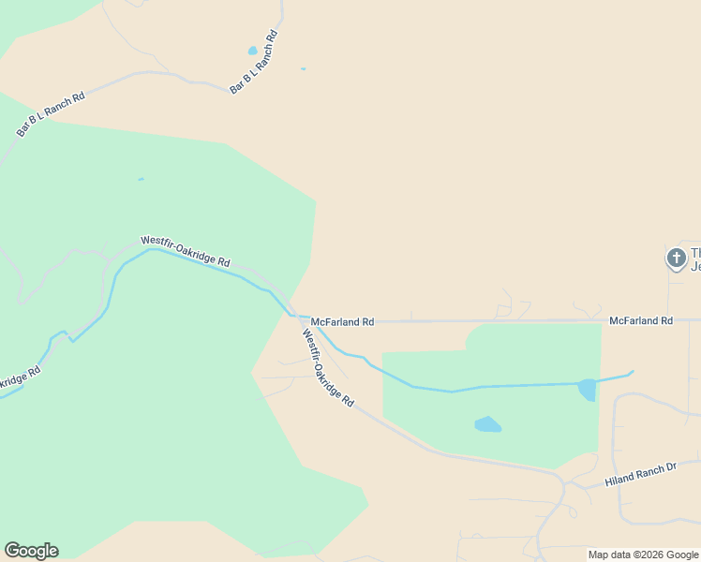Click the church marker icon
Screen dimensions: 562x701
(676, 258)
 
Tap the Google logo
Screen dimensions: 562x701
(31, 551)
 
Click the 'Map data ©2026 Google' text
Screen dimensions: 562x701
(644, 555)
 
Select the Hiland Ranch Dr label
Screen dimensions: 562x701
(640, 474)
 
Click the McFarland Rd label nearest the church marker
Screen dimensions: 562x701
(641, 320)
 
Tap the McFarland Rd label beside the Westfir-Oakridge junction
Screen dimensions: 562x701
(342, 321)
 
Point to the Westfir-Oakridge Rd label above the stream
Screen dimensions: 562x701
(186, 251)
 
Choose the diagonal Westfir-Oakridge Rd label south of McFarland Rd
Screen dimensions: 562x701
(328, 366)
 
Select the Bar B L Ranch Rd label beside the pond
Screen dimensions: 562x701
(255, 62)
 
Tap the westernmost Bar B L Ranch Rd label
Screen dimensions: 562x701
(51, 114)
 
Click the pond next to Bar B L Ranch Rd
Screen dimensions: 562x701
(252, 51)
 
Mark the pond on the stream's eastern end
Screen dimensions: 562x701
(587, 389)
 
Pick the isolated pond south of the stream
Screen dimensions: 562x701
(487, 424)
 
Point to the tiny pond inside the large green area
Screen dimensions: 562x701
(141, 179)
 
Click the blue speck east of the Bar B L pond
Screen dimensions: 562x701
(303, 68)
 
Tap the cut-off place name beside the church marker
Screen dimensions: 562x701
(695, 259)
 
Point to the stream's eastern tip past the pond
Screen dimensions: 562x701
(632, 372)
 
